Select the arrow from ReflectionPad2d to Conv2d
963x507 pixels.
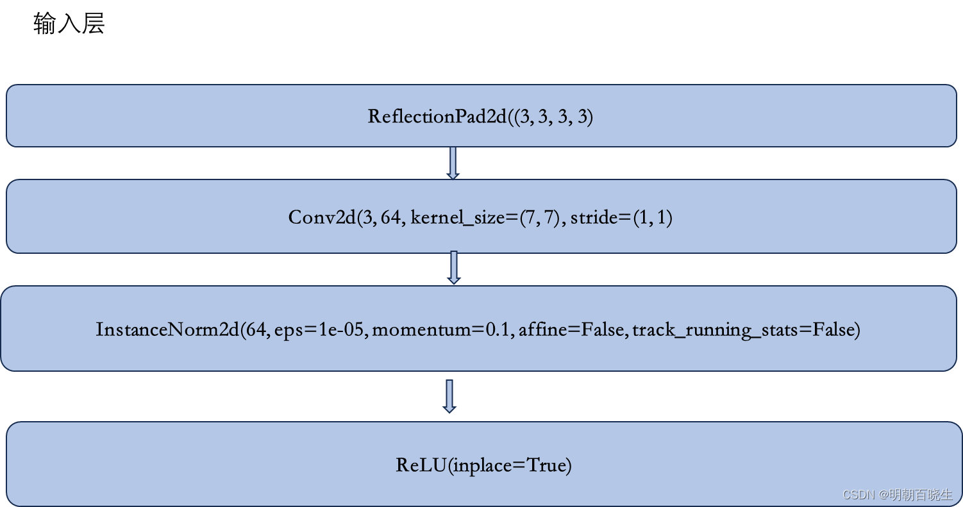(x=453, y=163)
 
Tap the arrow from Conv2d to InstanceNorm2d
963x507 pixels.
(x=454, y=267)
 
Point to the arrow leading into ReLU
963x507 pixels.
(x=450, y=396)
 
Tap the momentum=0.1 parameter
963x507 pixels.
(x=442, y=330)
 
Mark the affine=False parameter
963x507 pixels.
(x=572, y=330)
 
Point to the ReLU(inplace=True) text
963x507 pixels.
(x=483, y=465)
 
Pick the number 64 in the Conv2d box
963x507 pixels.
(x=391, y=218)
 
